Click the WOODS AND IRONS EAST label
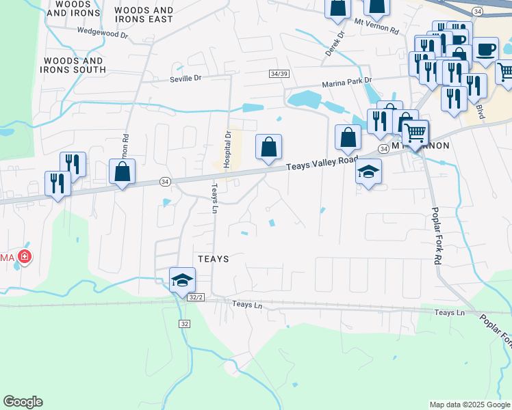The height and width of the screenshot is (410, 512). click(144, 15)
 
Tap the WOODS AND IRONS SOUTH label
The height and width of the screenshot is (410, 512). click(75, 65)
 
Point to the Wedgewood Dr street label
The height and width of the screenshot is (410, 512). click(103, 31)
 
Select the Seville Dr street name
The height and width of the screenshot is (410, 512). click(185, 79)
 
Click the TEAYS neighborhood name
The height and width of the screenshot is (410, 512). click(212, 259)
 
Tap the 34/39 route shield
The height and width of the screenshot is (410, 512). click(279, 74)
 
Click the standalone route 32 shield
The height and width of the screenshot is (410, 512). click(185, 323)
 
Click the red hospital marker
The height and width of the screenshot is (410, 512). click(25, 257)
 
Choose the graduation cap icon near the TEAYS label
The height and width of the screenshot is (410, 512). click(183, 279)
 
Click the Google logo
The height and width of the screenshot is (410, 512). click(23, 402)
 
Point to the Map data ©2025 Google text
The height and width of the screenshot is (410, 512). click(469, 405)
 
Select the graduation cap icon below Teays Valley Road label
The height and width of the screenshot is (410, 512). click(369, 171)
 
